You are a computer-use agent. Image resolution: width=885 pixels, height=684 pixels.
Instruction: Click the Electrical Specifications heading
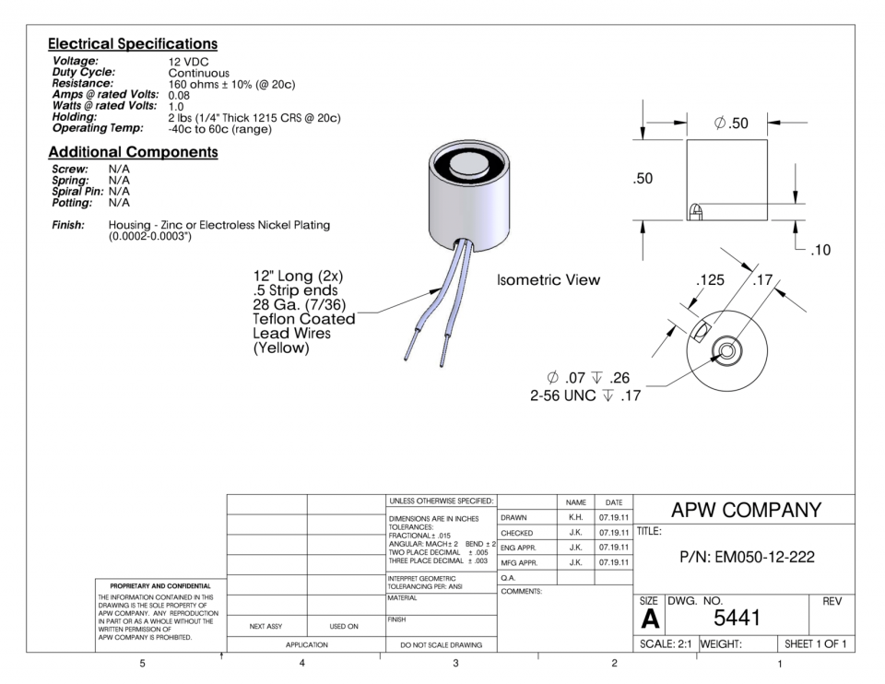click(x=133, y=44)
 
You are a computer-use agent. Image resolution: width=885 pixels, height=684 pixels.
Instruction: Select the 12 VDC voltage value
click(x=188, y=62)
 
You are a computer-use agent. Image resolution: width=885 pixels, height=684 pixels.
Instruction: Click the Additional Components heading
click(x=133, y=152)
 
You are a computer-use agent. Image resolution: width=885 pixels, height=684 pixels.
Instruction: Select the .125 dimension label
click(x=709, y=279)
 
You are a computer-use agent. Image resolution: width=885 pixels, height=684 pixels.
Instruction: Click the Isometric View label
click(x=548, y=280)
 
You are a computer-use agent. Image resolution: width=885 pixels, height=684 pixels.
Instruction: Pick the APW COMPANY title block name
click(x=746, y=510)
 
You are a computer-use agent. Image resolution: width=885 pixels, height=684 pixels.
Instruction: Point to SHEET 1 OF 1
click(x=815, y=643)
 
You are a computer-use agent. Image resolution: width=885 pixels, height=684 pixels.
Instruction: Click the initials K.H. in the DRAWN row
click(x=575, y=517)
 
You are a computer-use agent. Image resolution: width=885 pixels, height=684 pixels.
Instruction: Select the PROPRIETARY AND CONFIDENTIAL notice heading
click(x=155, y=585)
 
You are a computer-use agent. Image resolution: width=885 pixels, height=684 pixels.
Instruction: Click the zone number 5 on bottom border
click(x=142, y=664)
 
